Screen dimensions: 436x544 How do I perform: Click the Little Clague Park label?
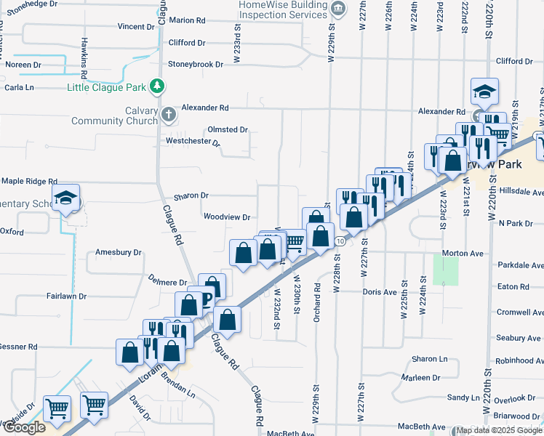pos(107,88)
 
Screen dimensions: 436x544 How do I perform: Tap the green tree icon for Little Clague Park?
pos(156,87)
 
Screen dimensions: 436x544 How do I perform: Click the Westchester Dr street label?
pos(193,141)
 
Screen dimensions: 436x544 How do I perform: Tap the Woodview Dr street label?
pos(226,217)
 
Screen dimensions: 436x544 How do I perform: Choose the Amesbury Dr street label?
pos(118,253)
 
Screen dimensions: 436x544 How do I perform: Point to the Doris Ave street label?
pos(379,291)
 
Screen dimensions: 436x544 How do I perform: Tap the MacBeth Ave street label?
pos(426,427)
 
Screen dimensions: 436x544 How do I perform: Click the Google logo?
pos(24,427)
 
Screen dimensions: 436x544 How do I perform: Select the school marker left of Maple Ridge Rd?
pos(66,199)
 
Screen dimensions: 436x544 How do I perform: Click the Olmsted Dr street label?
pos(228,129)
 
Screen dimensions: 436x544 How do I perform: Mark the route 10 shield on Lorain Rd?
pos(340,241)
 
